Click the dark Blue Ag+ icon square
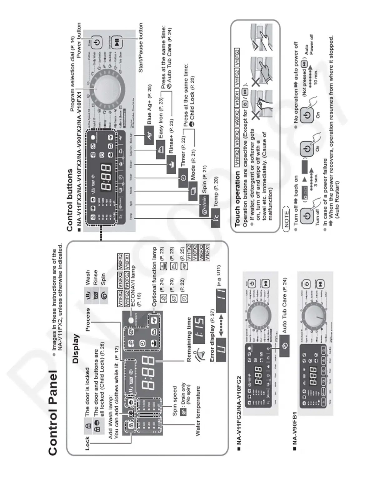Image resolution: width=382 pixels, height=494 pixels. point(149,135)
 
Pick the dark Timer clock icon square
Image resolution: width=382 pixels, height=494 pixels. point(183,178)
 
